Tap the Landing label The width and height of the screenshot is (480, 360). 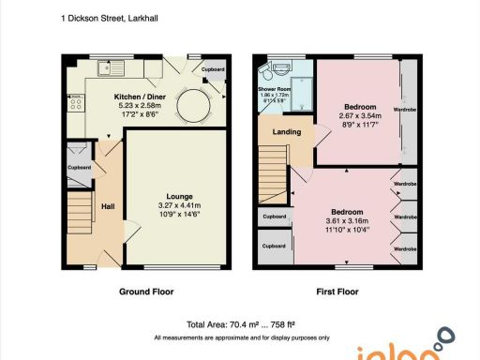click(286, 131)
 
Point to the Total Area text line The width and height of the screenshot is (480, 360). click(243, 322)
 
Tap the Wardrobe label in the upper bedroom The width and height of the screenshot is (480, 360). click(405, 110)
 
